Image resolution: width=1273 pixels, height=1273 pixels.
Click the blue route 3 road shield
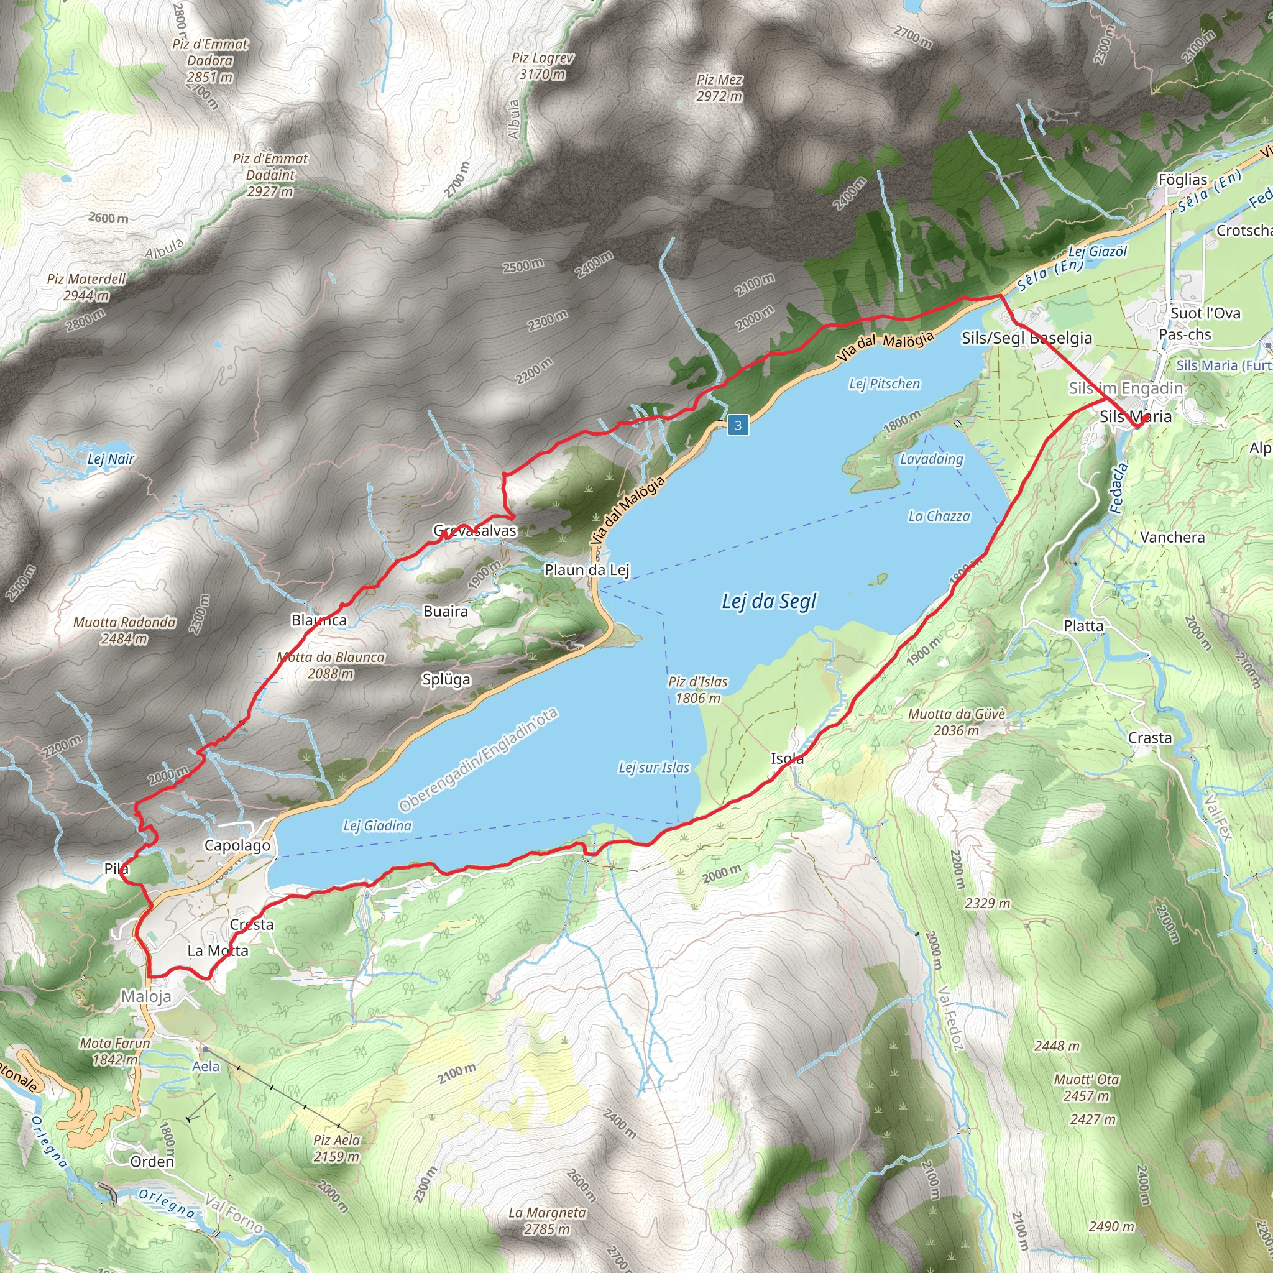738,425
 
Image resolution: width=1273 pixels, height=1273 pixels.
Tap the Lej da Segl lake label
768,601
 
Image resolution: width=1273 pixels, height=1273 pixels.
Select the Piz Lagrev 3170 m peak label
542,66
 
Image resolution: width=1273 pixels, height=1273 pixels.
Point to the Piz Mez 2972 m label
719,88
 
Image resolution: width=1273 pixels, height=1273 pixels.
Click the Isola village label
787,758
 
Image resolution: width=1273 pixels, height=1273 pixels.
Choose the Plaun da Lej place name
586,569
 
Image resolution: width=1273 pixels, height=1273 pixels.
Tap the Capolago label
237,845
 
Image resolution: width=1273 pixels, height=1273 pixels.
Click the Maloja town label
146,996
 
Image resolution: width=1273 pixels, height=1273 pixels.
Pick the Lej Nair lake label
111,459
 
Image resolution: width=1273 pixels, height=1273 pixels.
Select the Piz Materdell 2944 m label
86,287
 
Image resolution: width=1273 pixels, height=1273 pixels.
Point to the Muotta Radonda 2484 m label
124,630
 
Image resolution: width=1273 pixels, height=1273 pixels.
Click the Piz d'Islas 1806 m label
698,689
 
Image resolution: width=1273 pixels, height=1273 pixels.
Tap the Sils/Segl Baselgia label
1027,338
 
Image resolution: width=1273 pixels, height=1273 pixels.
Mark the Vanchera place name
1172,537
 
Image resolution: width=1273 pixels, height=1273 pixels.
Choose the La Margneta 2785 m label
547,1220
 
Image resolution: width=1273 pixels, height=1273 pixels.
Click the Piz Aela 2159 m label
337,1149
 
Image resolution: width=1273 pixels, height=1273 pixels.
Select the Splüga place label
446,679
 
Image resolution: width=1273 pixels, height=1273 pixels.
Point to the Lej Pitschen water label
885,384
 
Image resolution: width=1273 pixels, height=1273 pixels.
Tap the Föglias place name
1183,179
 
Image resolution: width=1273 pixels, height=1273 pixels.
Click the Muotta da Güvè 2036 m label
956,722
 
